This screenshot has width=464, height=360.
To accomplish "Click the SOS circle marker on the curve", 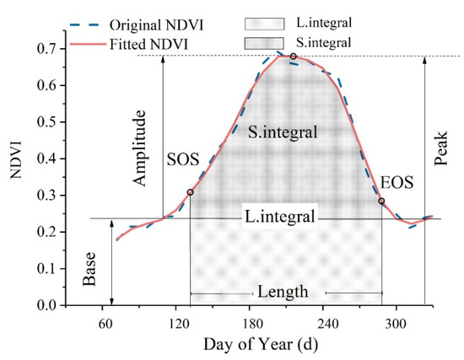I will point(190,192).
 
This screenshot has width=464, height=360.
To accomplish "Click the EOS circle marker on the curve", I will point(381,201).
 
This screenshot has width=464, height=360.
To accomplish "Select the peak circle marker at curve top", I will point(293,56).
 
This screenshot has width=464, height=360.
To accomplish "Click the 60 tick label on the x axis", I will point(105,322).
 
